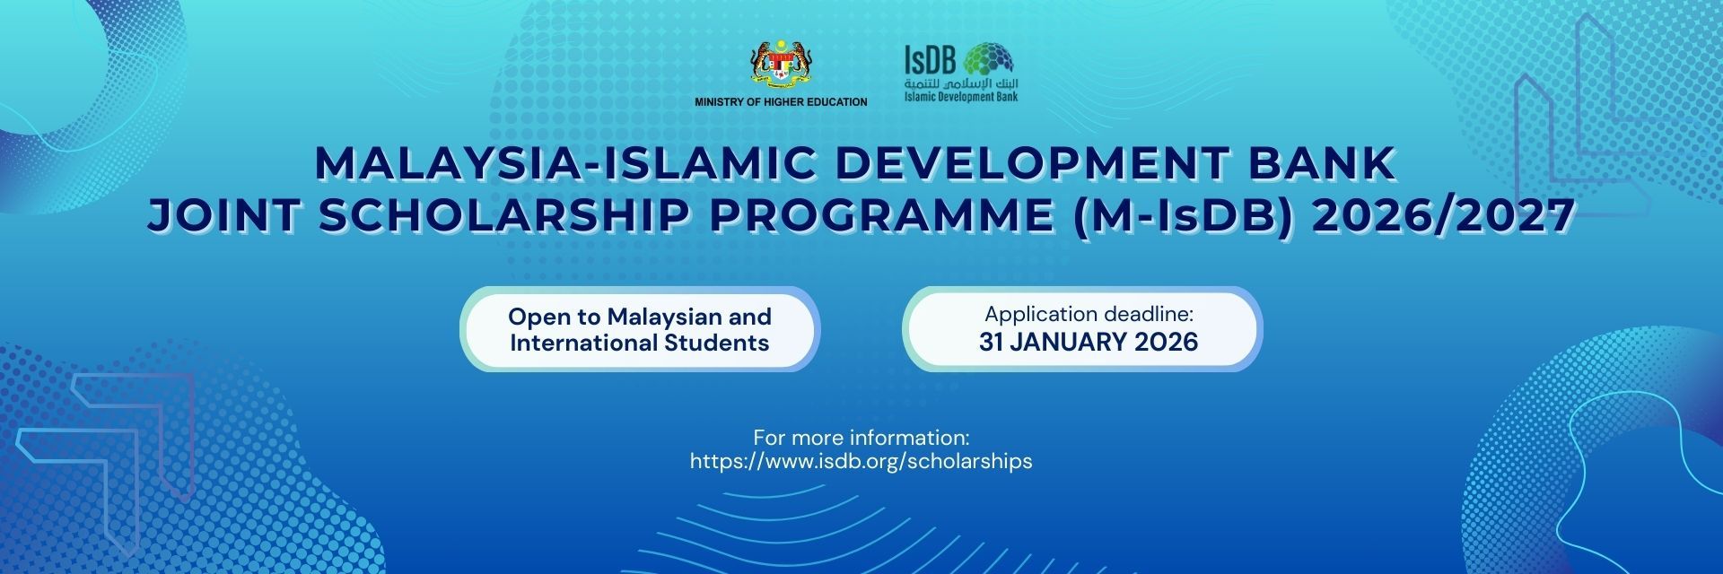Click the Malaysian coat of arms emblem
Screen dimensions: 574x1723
click(x=780, y=65)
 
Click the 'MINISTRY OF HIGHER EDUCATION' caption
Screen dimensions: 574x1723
click(x=781, y=102)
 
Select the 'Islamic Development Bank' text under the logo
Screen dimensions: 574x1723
click(x=961, y=96)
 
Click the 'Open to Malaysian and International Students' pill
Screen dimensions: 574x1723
click(x=639, y=329)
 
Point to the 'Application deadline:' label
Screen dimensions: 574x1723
click(x=1089, y=314)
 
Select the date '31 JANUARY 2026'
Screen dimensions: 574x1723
click(x=1089, y=342)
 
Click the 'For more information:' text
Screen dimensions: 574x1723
click(x=861, y=438)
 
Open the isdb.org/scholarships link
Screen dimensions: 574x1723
click(x=861, y=461)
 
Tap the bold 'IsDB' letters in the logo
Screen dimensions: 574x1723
click(x=930, y=60)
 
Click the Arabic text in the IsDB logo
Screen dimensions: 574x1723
click(x=961, y=83)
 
